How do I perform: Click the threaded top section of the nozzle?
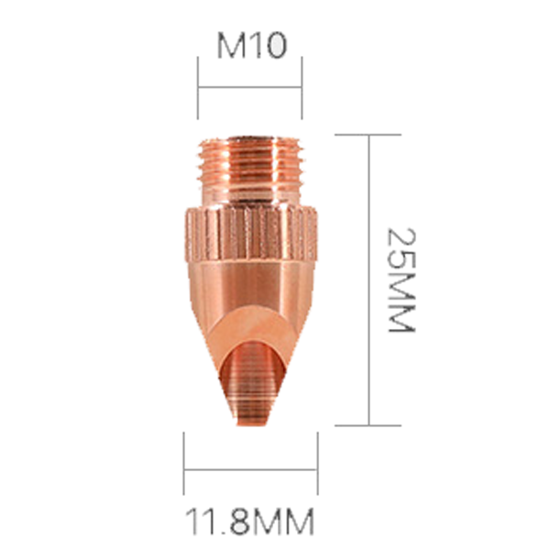(x=250, y=170)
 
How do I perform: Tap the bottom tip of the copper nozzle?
(x=249, y=421)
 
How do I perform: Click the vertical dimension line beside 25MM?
(x=369, y=279)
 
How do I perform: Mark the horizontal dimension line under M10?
(x=250, y=88)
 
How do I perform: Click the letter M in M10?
(x=232, y=46)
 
